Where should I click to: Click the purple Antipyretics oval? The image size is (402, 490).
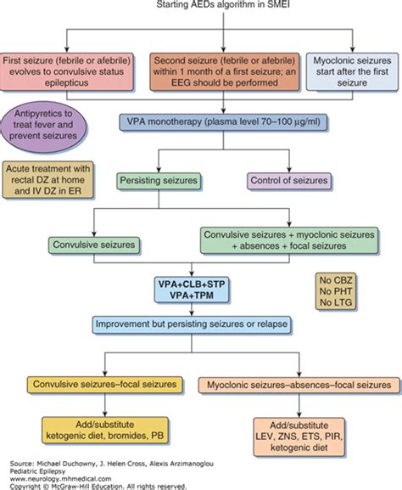point(43,127)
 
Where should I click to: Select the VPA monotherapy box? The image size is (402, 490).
point(223,122)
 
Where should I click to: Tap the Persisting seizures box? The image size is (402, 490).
point(159,181)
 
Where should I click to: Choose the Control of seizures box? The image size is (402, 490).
point(289,181)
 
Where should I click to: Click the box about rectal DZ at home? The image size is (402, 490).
point(47,180)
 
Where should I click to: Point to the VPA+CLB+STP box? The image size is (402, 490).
point(192,290)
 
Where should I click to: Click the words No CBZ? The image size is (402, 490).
point(336,280)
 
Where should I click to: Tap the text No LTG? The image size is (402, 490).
point(336,302)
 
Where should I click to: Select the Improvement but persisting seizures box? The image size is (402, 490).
point(192,324)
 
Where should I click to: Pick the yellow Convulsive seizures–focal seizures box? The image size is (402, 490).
point(105,385)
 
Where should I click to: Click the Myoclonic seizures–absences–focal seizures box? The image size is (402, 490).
point(299,385)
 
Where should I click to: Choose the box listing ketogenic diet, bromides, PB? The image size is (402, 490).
point(105,431)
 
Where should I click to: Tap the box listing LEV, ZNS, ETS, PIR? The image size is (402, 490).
point(299,436)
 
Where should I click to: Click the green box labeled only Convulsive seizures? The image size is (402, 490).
point(94,245)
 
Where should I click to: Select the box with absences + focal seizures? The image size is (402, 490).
point(289,240)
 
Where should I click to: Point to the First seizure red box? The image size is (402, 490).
point(66,72)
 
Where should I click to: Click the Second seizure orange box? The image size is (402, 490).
point(224,72)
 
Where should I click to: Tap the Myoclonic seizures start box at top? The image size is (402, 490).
point(352,72)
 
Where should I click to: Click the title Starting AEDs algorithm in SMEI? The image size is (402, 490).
point(223,4)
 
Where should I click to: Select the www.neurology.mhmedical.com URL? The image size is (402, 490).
point(60,479)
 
